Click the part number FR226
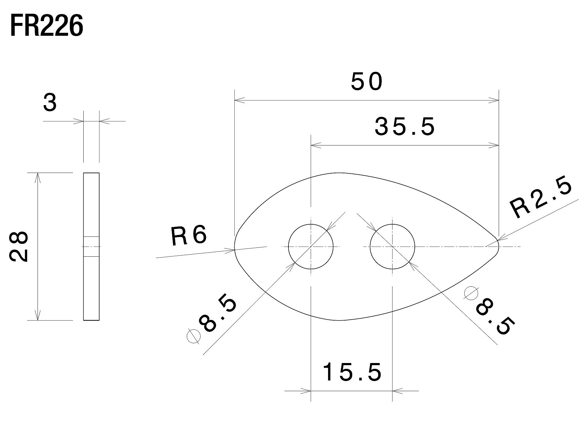(46, 26)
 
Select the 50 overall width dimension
(367, 82)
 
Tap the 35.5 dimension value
(405, 127)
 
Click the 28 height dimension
(19, 246)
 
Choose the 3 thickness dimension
(50, 103)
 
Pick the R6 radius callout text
(189, 236)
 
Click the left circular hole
(288, 247)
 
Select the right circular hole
(370, 247)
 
